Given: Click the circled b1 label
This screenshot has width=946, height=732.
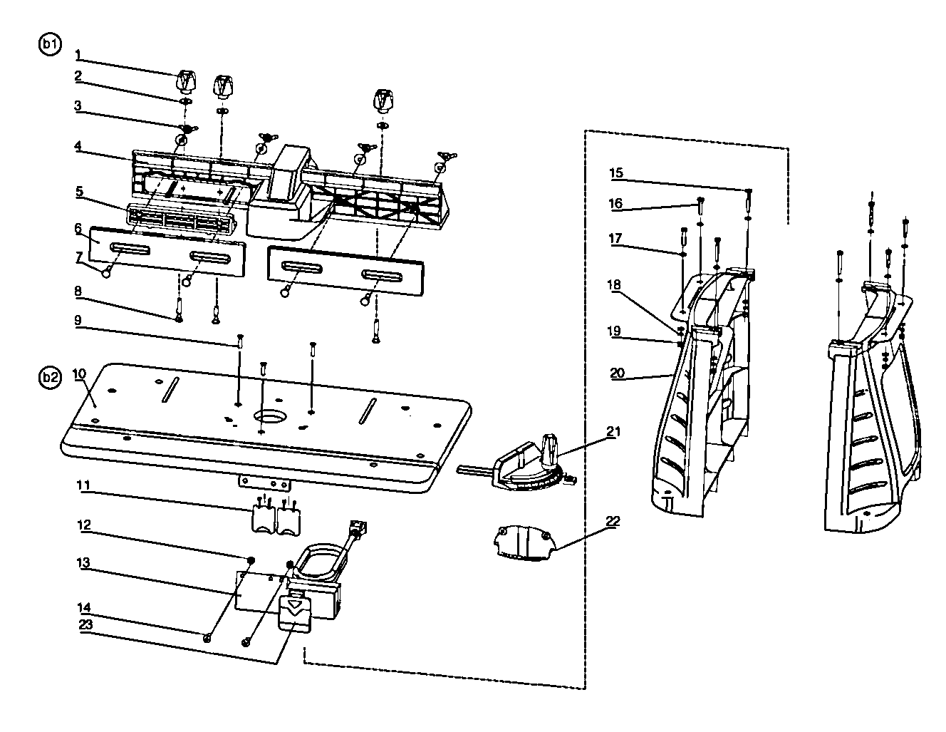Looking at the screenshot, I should tap(49, 44).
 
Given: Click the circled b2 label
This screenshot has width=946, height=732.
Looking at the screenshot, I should tap(49, 378).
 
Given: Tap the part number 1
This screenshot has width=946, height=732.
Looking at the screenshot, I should tap(79, 54).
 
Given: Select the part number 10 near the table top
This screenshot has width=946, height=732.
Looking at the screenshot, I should tap(79, 373).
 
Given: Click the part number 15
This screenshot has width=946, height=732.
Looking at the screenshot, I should tap(616, 172).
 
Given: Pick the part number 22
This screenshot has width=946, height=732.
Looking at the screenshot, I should tap(613, 522).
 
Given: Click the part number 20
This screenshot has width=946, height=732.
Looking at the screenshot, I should tap(616, 372).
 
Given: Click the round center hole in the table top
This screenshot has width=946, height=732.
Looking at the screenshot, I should tap(270, 416).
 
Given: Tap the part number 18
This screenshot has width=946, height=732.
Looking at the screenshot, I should tap(614, 284).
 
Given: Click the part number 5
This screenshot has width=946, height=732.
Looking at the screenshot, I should tap(79, 191).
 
